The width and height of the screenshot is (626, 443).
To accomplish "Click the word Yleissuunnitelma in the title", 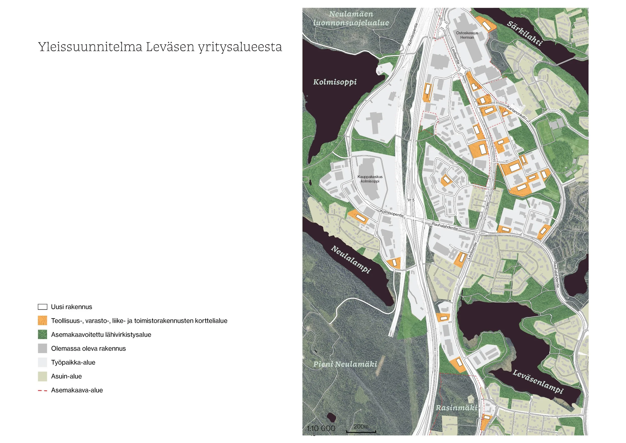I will click(x=90, y=47).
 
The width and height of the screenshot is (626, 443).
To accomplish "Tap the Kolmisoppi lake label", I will click(x=335, y=82).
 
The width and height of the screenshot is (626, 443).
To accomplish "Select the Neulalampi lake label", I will click(x=351, y=259).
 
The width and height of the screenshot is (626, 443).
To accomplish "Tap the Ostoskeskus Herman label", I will click(x=467, y=35).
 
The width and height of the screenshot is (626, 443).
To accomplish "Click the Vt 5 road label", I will click(x=411, y=200).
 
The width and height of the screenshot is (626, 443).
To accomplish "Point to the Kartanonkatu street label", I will click(x=517, y=113).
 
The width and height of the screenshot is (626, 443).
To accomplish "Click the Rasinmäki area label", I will click(x=456, y=408).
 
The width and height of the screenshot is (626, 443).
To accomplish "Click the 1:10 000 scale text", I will click(x=321, y=428).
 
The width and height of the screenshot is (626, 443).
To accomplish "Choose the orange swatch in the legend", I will click(x=42, y=320).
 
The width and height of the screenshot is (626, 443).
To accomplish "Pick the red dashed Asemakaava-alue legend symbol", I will click(x=42, y=391).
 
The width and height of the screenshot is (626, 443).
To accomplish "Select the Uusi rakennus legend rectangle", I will click(x=42, y=307).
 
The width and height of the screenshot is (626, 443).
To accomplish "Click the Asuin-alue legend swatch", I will click(x=42, y=376).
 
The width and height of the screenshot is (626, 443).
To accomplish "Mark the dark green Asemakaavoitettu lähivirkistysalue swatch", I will click(x=42, y=335).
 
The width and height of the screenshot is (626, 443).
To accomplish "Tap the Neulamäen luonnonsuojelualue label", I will click(x=351, y=18).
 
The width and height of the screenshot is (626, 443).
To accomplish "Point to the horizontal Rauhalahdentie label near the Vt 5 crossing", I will click(x=445, y=226).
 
